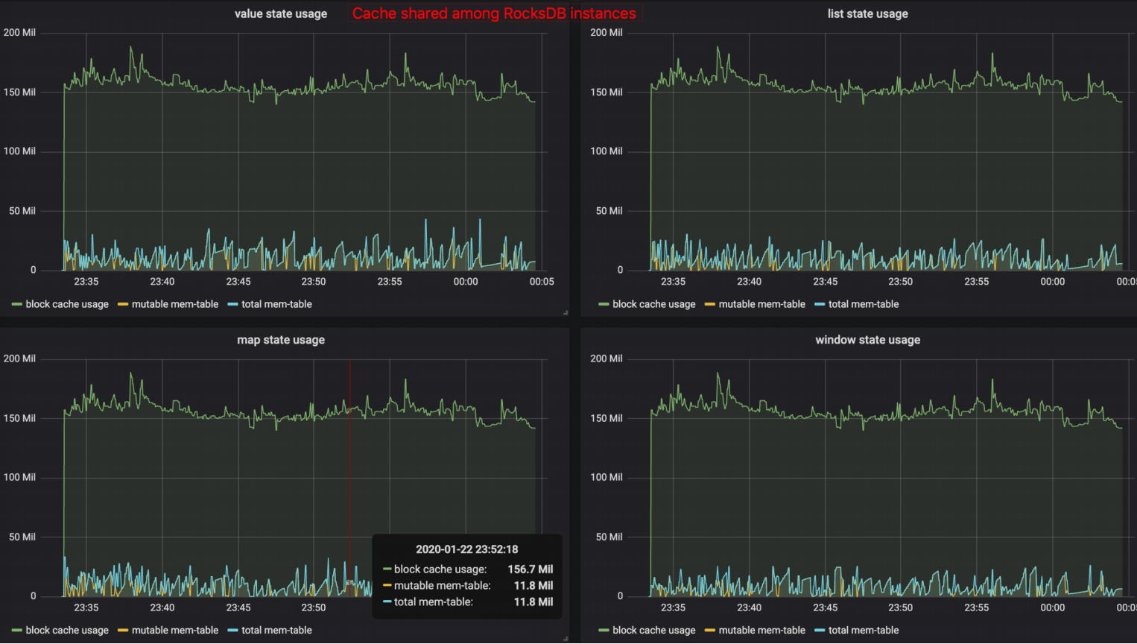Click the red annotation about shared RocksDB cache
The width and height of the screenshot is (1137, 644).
[x=494, y=13]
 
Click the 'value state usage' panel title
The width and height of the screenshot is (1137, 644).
[x=281, y=13]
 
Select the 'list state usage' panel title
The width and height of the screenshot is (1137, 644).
[x=867, y=13]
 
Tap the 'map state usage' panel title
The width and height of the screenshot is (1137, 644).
[x=281, y=340]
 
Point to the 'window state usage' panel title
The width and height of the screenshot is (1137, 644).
[x=867, y=340]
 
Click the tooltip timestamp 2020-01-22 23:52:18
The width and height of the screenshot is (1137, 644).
[x=466, y=549]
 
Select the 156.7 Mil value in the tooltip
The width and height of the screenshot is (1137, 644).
[x=530, y=569]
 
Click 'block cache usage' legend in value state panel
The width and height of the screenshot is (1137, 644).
[x=67, y=304]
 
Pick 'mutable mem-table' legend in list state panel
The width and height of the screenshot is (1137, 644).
[x=761, y=304]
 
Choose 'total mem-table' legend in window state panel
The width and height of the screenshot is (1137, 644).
[x=864, y=630]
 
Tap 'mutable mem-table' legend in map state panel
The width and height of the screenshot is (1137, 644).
[x=175, y=630]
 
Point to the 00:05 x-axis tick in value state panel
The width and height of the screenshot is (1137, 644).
[x=542, y=281]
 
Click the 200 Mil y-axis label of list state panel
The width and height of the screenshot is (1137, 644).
[x=606, y=33]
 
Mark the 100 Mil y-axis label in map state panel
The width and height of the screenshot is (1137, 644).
[x=19, y=477]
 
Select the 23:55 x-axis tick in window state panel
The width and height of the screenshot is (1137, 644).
[x=976, y=607]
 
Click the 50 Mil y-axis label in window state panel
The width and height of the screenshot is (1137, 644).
[x=609, y=537]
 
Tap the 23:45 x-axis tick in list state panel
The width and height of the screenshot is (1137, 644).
[x=825, y=281]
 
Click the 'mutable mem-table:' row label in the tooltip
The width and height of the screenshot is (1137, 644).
[x=443, y=585]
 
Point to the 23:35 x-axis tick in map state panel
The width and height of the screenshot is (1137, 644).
[x=86, y=607]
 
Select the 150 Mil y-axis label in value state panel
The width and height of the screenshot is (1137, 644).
[x=19, y=92]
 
